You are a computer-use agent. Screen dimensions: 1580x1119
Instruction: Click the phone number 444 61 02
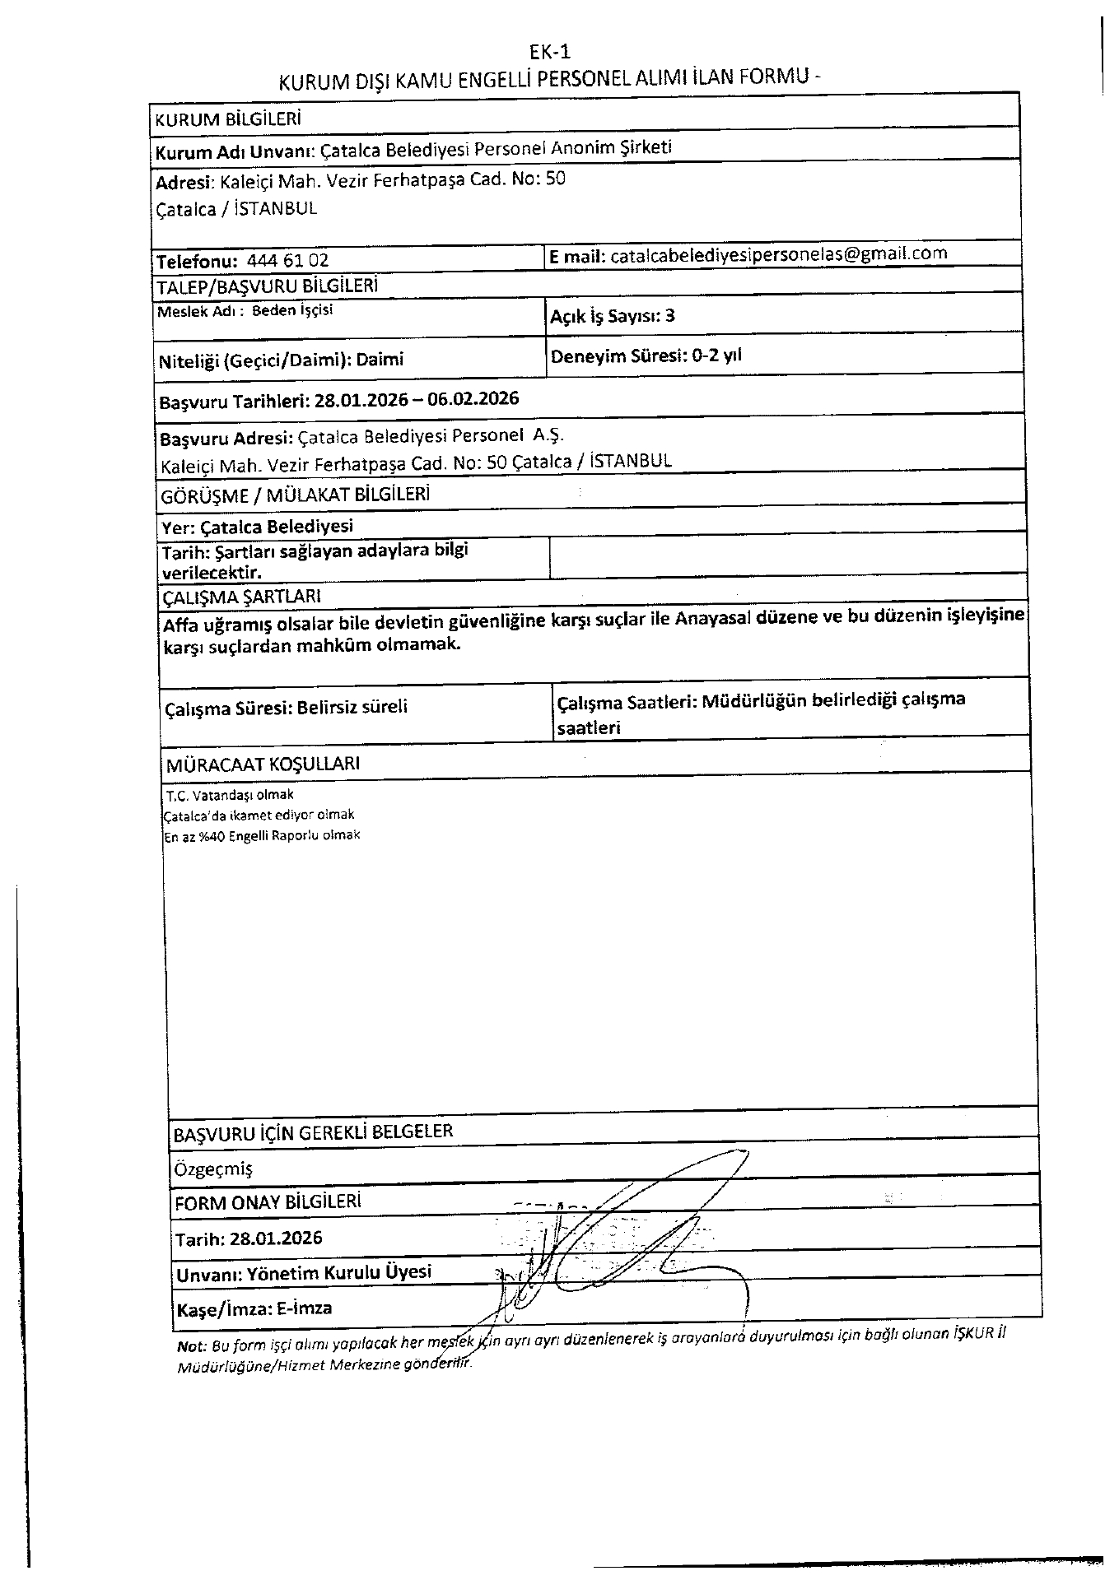287,261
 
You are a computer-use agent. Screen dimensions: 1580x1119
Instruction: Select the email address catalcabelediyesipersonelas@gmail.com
777,254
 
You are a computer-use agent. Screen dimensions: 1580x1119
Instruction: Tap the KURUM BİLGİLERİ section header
227,118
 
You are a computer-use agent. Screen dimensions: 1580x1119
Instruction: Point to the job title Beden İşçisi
292,311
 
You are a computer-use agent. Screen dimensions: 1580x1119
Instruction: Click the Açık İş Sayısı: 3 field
613,316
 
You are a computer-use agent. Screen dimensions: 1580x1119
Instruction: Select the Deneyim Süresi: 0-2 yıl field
646,356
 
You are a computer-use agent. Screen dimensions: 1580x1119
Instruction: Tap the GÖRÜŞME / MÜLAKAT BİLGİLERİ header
296,495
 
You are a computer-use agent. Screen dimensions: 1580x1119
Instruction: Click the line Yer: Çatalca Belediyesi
258,527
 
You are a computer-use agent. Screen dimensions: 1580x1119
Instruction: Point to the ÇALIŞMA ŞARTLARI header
241,597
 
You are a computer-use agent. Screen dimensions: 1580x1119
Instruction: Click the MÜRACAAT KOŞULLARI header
263,764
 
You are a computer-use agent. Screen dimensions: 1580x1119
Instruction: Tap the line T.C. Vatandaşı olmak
230,795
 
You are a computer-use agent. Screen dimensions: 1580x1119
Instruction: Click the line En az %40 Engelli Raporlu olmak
263,835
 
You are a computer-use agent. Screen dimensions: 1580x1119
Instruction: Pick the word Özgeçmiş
213,1169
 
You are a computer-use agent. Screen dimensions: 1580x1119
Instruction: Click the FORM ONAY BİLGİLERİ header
268,1202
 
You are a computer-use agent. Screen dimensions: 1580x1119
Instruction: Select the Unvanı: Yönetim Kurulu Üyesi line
304,1273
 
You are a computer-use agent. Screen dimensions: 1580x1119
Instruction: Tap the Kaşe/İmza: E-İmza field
254,1308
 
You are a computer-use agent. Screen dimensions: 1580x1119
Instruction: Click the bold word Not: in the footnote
193,1347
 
